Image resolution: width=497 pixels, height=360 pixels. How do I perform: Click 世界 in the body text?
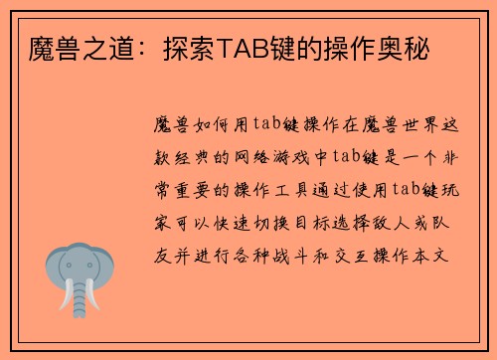(x=421, y=124)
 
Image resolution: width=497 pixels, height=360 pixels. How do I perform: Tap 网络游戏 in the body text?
(x=274, y=157)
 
